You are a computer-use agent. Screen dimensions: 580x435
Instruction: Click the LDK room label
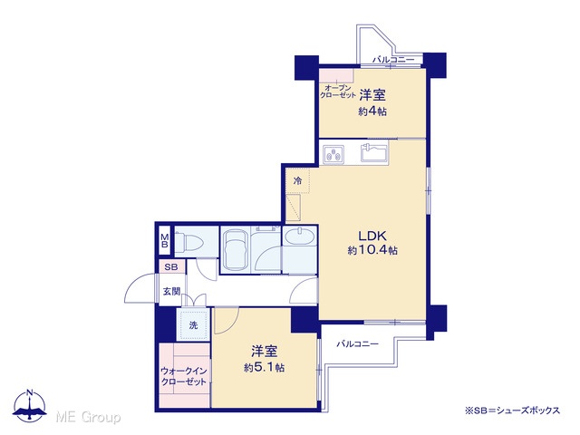point(372,236)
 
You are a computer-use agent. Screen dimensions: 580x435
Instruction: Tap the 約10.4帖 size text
point(372,250)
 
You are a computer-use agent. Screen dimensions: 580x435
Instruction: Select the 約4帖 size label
point(372,111)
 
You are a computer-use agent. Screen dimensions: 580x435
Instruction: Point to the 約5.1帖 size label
point(264,367)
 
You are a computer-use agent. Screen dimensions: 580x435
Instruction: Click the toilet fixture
point(188,243)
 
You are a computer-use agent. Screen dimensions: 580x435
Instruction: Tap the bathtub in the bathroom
point(235,250)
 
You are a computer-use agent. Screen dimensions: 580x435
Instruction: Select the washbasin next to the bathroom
point(300,237)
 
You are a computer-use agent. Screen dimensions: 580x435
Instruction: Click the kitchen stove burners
point(333,154)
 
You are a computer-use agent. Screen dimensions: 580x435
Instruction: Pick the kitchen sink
point(374,152)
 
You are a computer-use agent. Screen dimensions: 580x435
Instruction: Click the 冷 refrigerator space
point(298,181)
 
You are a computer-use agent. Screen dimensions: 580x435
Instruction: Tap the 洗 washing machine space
point(193,325)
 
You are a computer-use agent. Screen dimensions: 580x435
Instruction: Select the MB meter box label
point(165,241)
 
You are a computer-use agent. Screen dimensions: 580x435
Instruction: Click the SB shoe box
point(171,266)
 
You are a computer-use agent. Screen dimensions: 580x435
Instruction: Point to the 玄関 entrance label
point(171,292)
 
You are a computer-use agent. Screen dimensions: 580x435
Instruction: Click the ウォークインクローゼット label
point(183,376)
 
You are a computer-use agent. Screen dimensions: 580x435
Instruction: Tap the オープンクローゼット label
point(337,92)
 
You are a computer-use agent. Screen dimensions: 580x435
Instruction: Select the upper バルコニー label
point(393,59)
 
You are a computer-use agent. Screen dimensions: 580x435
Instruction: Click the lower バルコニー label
point(357,344)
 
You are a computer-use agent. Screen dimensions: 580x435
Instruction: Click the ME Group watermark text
point(88,417)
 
